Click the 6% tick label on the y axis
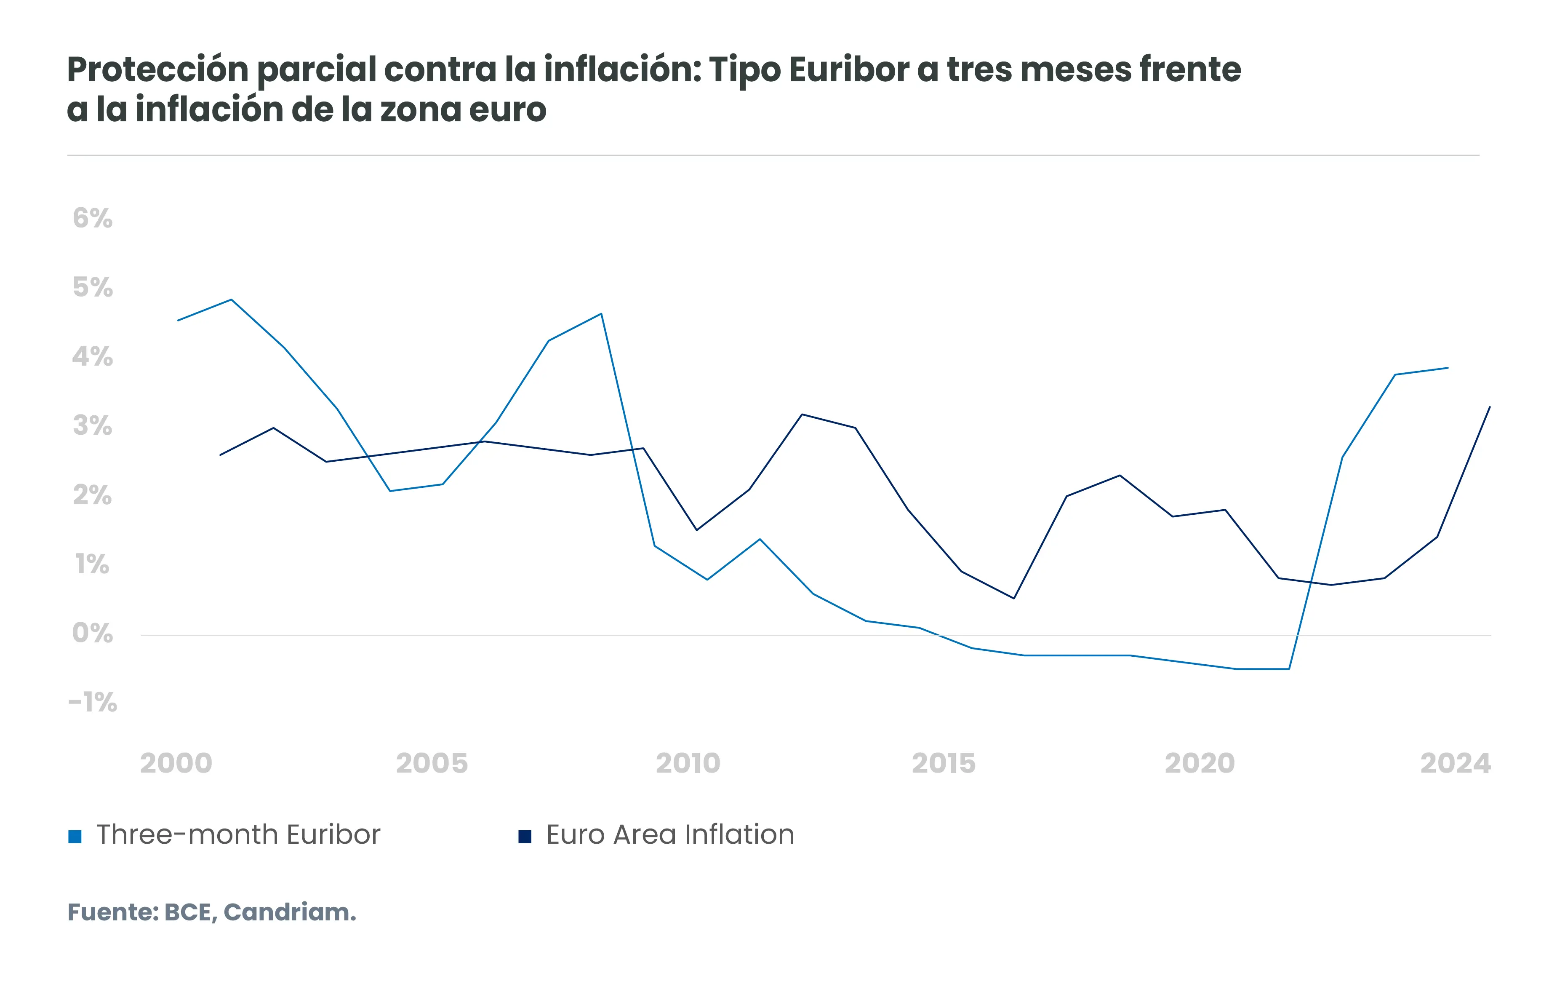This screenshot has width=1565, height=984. pos(92,219)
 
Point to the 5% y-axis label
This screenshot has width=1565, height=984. pos(92,287)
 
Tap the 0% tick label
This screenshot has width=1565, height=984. pos(92,634)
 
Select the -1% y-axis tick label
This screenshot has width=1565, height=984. pos(92,702)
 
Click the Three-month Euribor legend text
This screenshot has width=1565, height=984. pos(238,835)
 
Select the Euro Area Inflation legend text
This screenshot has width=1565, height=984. pos(670,835)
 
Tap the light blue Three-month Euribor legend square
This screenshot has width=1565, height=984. pos(75,837)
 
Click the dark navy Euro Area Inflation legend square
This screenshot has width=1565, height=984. pos(525,837)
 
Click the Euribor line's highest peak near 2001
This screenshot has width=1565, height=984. pos(232,300)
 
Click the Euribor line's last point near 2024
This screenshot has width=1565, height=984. pos(1448,368)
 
